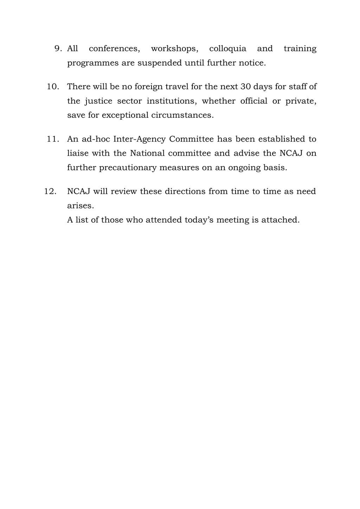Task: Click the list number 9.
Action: click(x=58, y=49)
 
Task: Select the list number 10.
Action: click(x=53, y=86)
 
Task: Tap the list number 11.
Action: click(x=53, y=139)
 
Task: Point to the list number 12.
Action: click(x=51, y=192)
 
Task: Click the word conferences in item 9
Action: click(x=114, y=49)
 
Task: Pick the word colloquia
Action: click(x=227, y=49)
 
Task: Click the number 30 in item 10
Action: click(x=245, y=86)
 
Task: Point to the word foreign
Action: click(x=149, y=87)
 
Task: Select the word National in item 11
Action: click(x=147, y=153)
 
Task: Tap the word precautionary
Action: click(x=128, y=168)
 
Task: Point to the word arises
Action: click(x=81, y=206)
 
